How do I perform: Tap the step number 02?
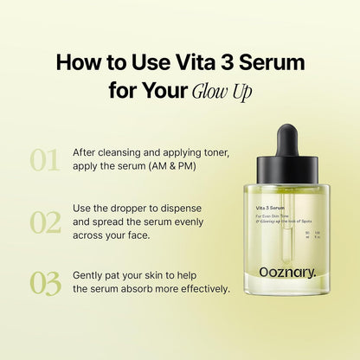[45, 222]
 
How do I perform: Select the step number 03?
[45, 283]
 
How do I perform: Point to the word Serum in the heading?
[276, 63]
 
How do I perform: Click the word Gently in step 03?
[90, 274]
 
